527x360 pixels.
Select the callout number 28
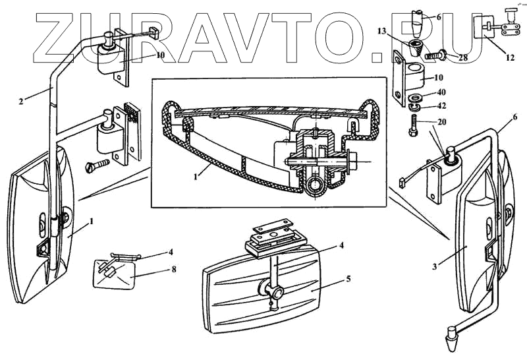463,58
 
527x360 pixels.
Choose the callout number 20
440,123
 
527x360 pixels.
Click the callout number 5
347,278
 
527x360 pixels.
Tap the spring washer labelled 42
416,107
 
